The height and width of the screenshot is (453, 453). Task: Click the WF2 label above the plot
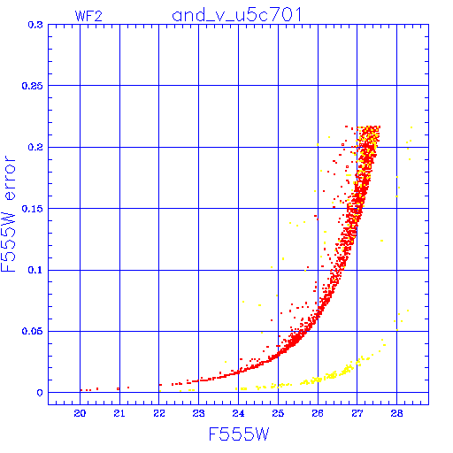tap(88, 16)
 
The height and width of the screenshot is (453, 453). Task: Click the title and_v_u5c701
tap(237, 15)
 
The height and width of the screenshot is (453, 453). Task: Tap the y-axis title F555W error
tap(9, 214)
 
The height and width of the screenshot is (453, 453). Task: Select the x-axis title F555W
tap(239, 434)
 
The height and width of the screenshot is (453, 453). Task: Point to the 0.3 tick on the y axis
tap(35, 25)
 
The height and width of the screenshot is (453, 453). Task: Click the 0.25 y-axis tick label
tap(33, 86)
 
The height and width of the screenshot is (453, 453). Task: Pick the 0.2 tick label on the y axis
tap(35, 147)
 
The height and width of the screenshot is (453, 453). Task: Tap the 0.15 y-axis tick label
tap(33, 209)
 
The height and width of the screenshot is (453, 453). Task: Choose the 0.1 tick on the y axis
tap(35, 270)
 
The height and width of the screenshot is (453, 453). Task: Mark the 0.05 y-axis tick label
tap(33, 331)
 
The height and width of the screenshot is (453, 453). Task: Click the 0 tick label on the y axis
tap(40, 393)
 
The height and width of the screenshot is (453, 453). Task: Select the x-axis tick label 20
tap(80, 413)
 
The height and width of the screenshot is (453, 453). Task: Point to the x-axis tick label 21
tap(119, 413)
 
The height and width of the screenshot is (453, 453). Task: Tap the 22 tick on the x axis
tap(159, 413)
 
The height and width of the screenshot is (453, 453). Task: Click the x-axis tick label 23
tap(198, 413)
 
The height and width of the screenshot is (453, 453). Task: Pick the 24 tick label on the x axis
tap(238, 413)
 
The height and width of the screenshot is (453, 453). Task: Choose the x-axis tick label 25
tap(278, 413)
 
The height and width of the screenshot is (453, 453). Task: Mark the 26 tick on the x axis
tap(318, 413)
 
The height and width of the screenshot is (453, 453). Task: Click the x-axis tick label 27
tap(357, 413)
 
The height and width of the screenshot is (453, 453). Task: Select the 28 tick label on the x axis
tap(396, 413)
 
